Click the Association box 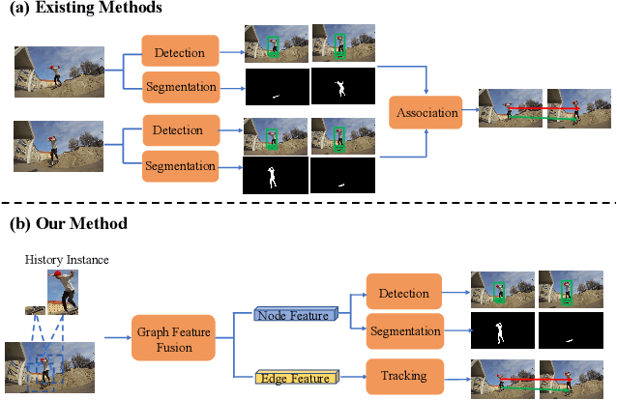(x=426, y=112)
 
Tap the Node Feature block (x=295, y=314)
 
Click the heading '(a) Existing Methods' (x=86, y=9)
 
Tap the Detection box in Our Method (x=405, y=291)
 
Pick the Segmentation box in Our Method (x=405, y=331)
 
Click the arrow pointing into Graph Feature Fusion (x=118, y=336)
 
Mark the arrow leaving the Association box (x=469, y=112)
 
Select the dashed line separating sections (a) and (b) (x=308, y=202)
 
